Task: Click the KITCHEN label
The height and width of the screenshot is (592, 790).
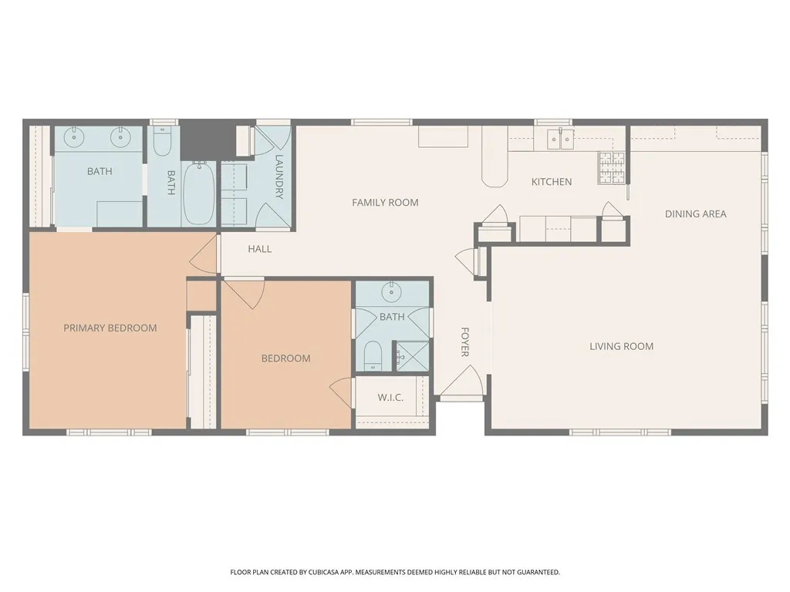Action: pyautogui.click(x=552, y=182)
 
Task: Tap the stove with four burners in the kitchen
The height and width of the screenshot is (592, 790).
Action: pyautogui.click(x=612, y=168)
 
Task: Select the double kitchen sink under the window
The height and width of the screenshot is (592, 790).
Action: pyautogui.click(x=560, y=139)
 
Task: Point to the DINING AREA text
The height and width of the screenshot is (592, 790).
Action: pyautogui.click(x=695, y=214)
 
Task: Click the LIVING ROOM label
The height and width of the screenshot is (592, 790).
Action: pyautogui.click(x=621, y=346)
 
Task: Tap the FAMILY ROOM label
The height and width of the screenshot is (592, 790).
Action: pyautogui.click(x=385, y=203)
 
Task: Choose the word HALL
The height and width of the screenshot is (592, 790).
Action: pyautogui.click(x=259, y=249)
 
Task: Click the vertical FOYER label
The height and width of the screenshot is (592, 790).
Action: pyautogui.click(x=465, y=341)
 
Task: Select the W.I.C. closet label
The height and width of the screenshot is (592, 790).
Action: pyautogui.click(x=390, y=398)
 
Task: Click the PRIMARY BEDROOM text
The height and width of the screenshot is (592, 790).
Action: pyautogui.click(x=110, y=328)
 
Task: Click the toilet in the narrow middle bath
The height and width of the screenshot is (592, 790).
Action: pyautogui.click(x=162, y=143)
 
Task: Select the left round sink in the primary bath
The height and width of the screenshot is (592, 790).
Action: pyautogui.click(x=73, y=138)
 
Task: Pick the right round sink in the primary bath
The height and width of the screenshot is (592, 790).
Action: pyautogui.click(x=120, y=138)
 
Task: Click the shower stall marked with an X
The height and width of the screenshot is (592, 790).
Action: pyautogui.click(x=410, y=355)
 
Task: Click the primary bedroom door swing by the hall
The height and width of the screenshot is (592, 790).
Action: pyautogui.click(x=202, y=254)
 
